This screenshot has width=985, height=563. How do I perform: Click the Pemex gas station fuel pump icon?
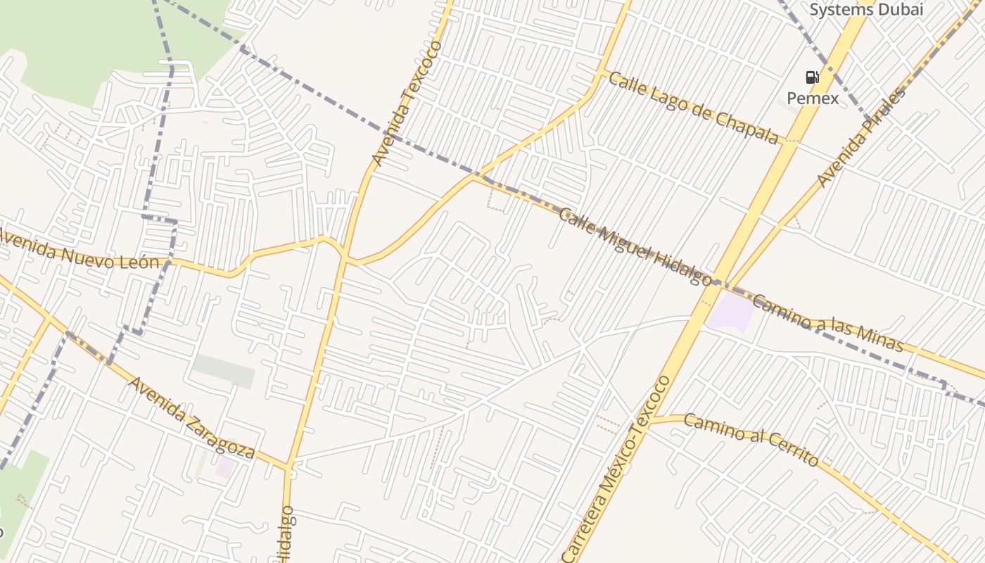coord(812,77)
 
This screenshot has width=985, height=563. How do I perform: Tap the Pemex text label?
coord(813,98)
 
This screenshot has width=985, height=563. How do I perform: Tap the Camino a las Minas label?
coord(827,323)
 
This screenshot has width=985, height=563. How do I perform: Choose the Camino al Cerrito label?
coord(751,440)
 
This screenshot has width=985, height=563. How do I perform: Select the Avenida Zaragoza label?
coord(191,418)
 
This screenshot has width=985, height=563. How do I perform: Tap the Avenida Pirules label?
coord(861,137)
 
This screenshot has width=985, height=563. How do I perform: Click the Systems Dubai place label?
coord(865,9)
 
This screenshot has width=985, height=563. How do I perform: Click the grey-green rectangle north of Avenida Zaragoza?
coord(224,371)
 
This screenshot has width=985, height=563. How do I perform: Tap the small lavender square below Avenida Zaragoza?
coord(226,466)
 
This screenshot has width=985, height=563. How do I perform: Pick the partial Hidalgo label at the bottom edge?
coord(286,535)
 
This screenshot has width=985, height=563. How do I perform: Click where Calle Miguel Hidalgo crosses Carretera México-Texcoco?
coord(716,282)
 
